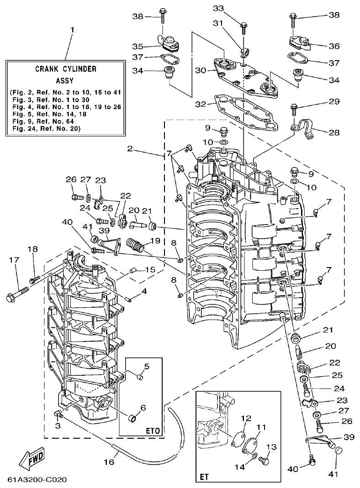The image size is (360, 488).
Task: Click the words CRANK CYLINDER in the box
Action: (65, 69)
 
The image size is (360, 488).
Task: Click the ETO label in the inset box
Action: (152, 430)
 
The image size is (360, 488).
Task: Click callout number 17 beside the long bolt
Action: (14, 259)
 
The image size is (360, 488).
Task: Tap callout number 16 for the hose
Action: (109, 462)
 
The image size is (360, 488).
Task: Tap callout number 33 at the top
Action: (219, 8)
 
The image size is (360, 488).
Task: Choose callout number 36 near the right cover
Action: (334, 46)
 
